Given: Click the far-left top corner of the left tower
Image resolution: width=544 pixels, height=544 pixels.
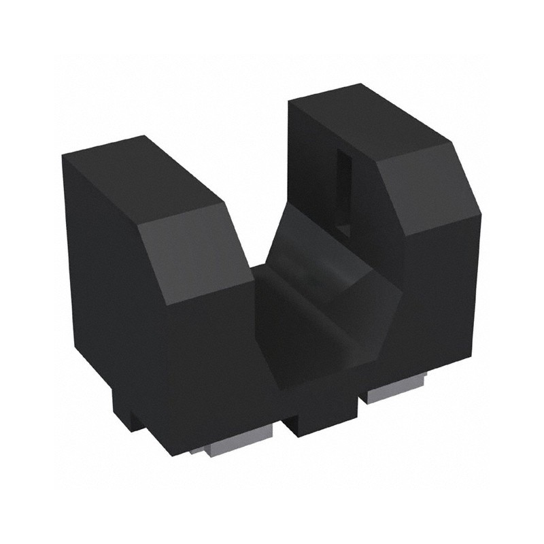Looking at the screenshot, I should pyautogui.click(x=63, y=156).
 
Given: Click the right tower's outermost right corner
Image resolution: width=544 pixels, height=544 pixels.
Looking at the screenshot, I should pyautogui.click(x=481, y=216).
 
